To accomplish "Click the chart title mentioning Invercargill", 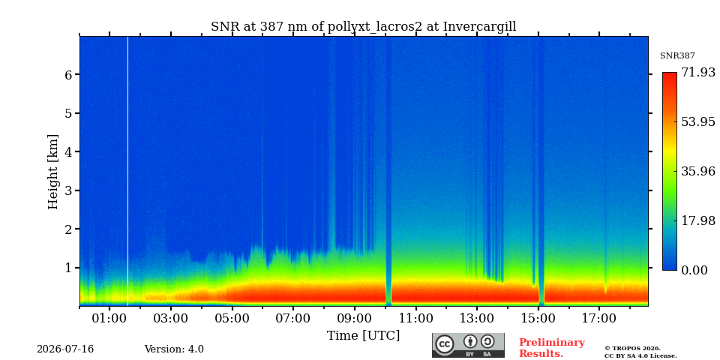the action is click(363, 27).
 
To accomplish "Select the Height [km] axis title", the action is click(53, 172).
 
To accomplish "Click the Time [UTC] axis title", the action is click(363, 336).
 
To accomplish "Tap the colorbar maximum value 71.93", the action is click(697, 72).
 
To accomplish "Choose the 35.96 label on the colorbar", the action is click(697, 171).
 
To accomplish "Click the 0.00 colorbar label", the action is click(694, 270).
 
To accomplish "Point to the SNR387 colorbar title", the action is click(677, 55).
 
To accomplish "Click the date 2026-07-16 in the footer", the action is click(65, 349).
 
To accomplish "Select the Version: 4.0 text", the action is click(174, 349).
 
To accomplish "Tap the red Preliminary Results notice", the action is click(552, 348).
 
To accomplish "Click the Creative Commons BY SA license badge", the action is click(468, 345).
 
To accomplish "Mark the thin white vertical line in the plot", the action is click(127, 171).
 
